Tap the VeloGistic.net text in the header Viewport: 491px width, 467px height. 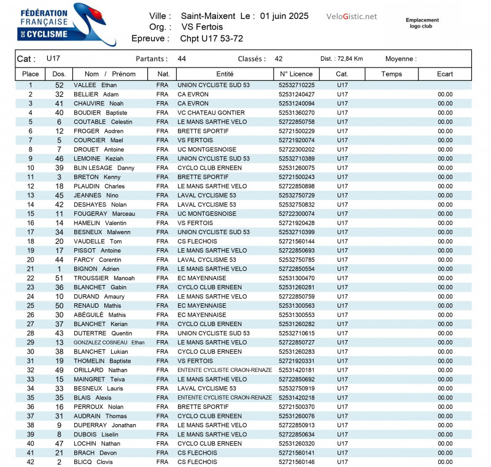(x=352, y=17)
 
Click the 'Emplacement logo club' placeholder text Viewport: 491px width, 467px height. (x=422, y=23)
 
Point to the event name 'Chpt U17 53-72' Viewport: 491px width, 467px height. (x=211, y=38)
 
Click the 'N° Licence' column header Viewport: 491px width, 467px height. (x=296, y=74)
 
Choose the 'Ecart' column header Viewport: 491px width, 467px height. (x=445, y=74)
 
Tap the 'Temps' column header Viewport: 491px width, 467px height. (x=391, y=74)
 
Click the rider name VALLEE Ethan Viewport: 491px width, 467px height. (x=95, y=85)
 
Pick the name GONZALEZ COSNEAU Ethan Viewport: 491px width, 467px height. (x=109, y=343)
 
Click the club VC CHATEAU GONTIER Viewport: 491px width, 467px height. (x=211, y=113)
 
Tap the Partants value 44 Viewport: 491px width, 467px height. (x=182, y=59)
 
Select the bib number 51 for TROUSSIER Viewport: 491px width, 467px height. (x=60, y=278)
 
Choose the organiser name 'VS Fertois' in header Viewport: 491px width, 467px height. (x=202, y=27)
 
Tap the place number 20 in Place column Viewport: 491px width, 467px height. (x=31, y=260)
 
